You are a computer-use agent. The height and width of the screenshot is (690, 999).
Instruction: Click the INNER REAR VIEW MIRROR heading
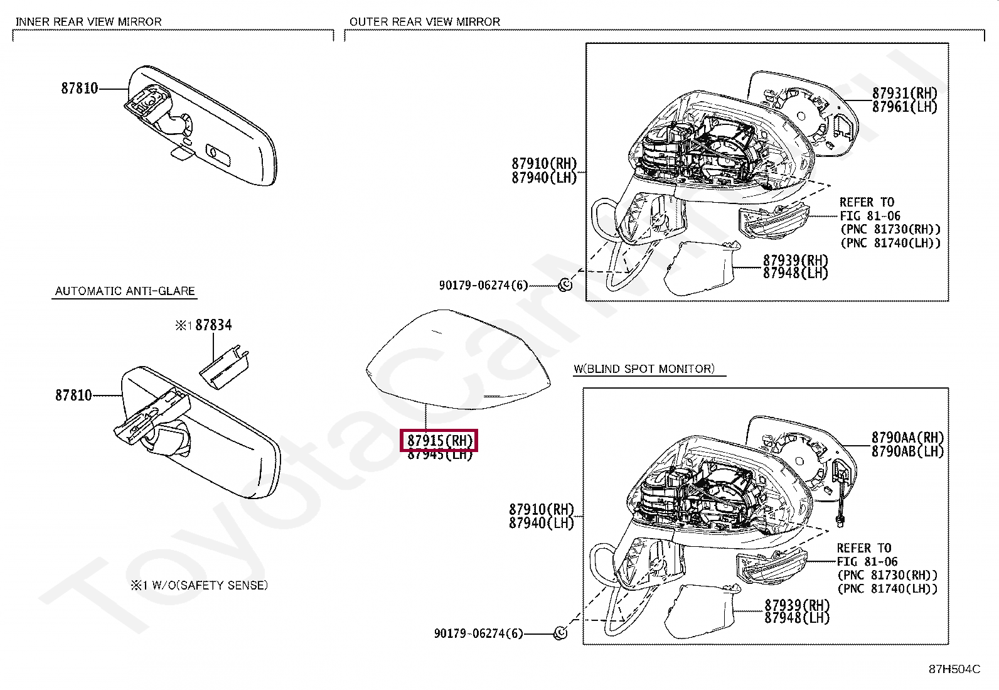coord(88,21)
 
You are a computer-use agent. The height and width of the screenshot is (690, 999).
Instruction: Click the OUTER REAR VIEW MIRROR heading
coord(425,21)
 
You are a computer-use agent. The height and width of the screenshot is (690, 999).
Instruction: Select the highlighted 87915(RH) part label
coord(439,440)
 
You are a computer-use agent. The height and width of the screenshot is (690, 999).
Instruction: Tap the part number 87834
coord(213,325)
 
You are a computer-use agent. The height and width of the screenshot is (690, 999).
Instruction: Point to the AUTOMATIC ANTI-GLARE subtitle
coord(125,291)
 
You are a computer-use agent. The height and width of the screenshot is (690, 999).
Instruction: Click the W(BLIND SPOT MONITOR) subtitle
coord(644,369)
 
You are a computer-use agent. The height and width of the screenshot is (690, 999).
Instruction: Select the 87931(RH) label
coord(904,93)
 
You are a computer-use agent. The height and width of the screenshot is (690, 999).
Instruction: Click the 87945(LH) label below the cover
coord(439,455)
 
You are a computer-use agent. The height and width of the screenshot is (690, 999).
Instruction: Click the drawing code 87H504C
coord(954,669)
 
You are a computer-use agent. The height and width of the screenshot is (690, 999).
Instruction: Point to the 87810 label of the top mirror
coord(80,89)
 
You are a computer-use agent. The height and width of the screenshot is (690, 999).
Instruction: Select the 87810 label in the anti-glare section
coord(73,395)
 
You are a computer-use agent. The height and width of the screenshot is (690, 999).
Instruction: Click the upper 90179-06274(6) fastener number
coord(483,286)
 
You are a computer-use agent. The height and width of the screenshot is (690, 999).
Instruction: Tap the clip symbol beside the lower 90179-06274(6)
coord(561,633)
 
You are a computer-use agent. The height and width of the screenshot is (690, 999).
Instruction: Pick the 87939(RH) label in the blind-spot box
coord(796,605)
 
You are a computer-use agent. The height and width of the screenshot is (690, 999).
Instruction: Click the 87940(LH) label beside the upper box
coord(543,178)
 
